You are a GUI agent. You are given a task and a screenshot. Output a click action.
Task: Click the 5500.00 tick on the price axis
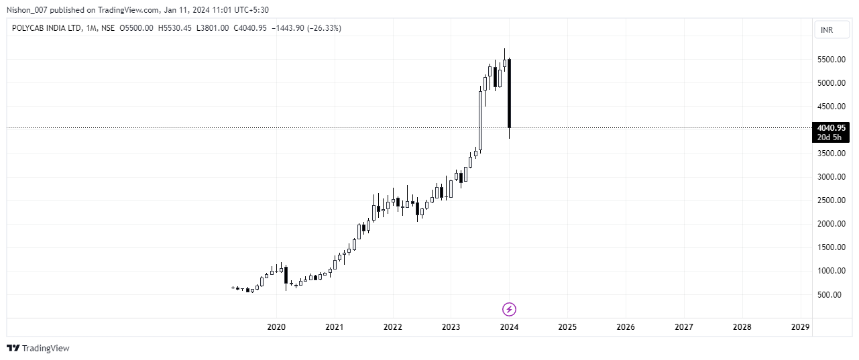pyautogui.click(x=830, y=60)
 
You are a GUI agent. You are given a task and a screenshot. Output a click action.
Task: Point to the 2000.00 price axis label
pyautogui.click(x=830, y=224)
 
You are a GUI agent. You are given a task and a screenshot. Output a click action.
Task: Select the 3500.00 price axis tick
pyautogui.click(x=830, y=154)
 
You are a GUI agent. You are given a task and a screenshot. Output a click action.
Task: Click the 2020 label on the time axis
pyautogui.click(x=276, y=327)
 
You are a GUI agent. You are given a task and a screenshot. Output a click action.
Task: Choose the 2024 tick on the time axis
pyautogui.click(x=509, y=327)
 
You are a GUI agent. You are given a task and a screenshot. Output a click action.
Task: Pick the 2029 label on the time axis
pyautogui.click(x=800, y=327)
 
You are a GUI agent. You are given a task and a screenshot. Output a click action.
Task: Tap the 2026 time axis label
pyautogui.click(x=626, y=327)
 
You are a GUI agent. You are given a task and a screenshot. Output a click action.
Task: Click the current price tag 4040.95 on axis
pyautogui.click(x=830, y=127)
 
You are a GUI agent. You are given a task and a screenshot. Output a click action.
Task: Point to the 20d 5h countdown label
pyautogui.click(x=830, y=137)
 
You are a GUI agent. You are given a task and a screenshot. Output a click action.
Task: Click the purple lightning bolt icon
pyautogui.click(x=509, y=309)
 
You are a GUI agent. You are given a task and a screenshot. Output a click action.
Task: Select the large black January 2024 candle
pyautogui.click(x=510, y=94)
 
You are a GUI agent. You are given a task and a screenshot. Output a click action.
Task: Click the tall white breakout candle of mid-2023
pyautogui.click(x=480, y=121)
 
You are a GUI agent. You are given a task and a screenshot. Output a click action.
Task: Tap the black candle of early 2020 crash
pyautogui.click(x=286, y=275)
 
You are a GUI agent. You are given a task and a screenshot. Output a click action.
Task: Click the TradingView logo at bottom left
pyautogui.click(x=38, y=348)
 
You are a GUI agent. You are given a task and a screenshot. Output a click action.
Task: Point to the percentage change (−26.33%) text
pyautogui.click(x=324, y=27)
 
